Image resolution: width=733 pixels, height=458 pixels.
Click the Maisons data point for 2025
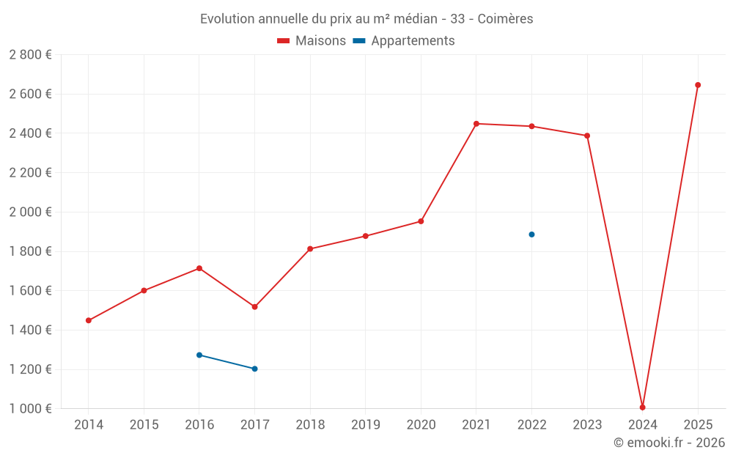point(698,85)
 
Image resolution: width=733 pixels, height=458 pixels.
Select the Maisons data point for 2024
point(642,407)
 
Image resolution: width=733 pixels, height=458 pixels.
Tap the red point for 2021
point(476,124)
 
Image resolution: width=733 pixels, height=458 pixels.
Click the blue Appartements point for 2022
point(531,234)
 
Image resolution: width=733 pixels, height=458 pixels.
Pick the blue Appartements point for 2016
point(199,355)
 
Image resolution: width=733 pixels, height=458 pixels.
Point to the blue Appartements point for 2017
point(254,369)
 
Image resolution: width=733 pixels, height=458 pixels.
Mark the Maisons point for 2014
point(89,320)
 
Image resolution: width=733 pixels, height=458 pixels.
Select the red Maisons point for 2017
point(254,307)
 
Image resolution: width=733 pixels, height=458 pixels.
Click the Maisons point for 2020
point(421,221)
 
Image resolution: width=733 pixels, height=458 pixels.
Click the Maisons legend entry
point(312,41)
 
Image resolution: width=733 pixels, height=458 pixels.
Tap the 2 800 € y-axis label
point(30,55)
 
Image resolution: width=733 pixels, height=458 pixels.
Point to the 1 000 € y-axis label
point(30,409)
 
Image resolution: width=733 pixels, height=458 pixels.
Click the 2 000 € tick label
point(30,212)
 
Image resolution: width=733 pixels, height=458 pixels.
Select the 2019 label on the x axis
point(365,425)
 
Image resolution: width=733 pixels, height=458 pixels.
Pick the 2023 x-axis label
point(587,425)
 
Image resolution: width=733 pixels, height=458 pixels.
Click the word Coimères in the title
point(505,19)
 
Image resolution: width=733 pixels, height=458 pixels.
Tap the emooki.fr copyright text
point(669,443)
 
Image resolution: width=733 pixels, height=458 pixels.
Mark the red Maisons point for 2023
point(587,136)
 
